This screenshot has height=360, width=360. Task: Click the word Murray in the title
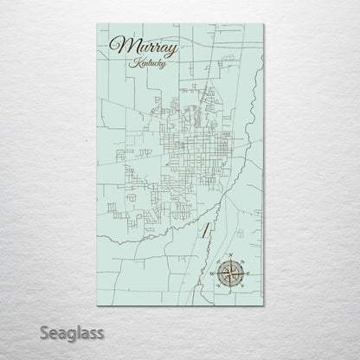click(x=145, y=48)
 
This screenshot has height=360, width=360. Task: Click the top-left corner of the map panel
click(x=97, y=25)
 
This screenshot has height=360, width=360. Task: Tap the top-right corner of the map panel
click(x=263, y=25)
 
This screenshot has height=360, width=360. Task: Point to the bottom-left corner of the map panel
click(x=97, y=306)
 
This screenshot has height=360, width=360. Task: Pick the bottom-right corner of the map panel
click(x=263, y=306)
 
